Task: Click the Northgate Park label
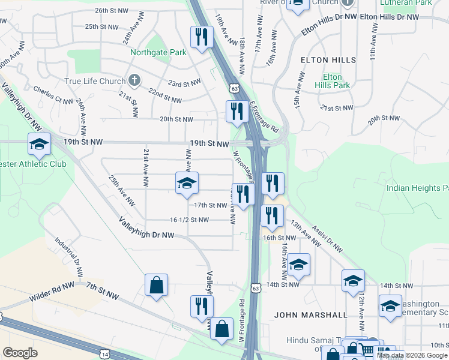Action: (158, 52)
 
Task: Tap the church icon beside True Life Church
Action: (134, 81)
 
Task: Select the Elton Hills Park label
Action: (333, 81)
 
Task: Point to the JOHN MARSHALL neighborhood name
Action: (310, 315)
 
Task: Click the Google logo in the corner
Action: (20, 353)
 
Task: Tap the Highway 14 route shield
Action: (105, 354)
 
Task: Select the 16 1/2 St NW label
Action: (189, 220)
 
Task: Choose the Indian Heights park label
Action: (417, 188)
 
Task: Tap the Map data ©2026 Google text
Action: (412, 355)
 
